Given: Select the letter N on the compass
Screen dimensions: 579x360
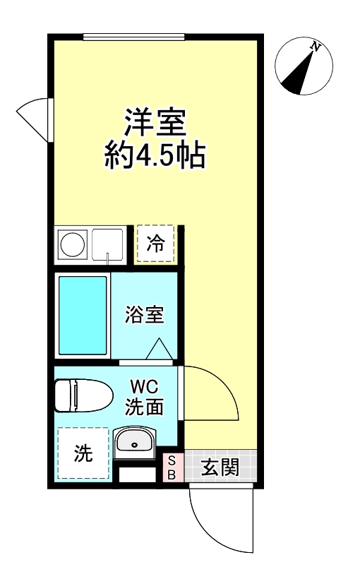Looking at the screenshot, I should coord(316,48).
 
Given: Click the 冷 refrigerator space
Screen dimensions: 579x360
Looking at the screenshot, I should coord(155,244).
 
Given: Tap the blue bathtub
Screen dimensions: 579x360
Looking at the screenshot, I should coord(82,315).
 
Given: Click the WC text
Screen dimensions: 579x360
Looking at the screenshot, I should coord(145,387).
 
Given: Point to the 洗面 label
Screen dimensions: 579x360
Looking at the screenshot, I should coord(145,407).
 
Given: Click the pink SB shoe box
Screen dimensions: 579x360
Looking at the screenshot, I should coord(171,467).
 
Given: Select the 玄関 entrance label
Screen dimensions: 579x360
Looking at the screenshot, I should coord(220,467).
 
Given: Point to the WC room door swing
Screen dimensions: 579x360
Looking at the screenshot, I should coord(212,395).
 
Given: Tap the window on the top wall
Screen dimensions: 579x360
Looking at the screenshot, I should coord(134,37).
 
